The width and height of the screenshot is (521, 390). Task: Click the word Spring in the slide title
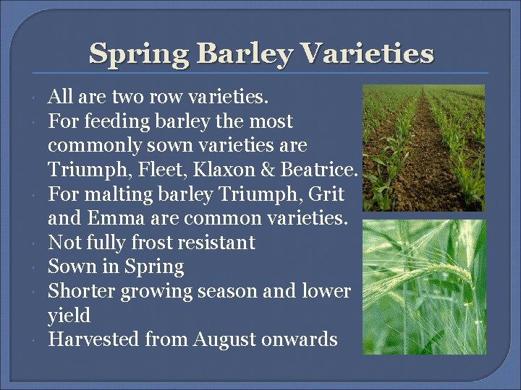pos(137,53)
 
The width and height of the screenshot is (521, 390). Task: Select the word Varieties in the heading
pos(367,53)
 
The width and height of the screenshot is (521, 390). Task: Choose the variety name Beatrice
pos(319,170)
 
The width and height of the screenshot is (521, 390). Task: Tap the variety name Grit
pos(327,194)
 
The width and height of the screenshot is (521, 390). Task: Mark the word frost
pos(145,243)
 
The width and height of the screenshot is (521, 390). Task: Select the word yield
pos(69,316)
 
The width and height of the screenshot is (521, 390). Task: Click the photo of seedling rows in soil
pos(424,147)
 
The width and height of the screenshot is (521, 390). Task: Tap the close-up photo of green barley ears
pos(424,287)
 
